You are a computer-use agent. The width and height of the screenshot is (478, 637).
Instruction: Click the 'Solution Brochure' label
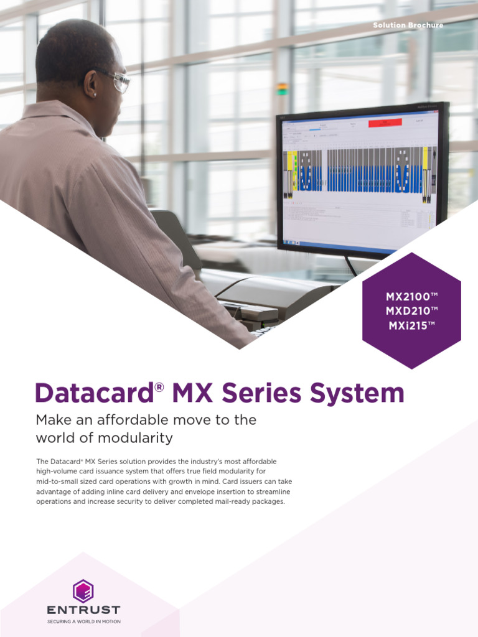(x=408, y=26)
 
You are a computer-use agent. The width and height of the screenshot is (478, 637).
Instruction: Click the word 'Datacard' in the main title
(x=94, y=394)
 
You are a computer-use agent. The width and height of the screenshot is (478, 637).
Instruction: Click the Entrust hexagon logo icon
(x=83, y=590)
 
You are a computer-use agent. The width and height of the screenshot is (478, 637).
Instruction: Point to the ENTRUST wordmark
(x=83, y=610)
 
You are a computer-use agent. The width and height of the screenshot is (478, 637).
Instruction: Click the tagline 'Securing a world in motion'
(x=83, y=621)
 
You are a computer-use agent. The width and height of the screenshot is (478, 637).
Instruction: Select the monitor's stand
(x=350, y=266)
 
